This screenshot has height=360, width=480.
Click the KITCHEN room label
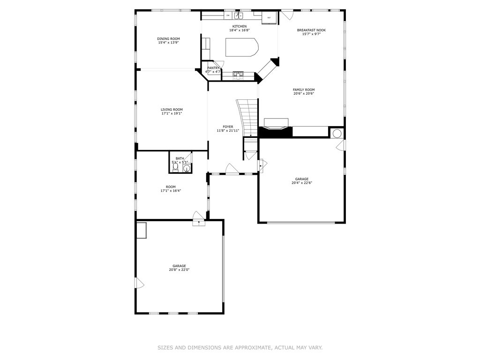pyautogui.click(x=239, y=26)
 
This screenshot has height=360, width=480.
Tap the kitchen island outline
pyautogui.click(x=241, y=47)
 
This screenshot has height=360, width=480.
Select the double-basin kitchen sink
pyautogui.click(x=240, y=15)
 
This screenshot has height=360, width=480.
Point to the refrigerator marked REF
pyautogui.click(x=269, y=17)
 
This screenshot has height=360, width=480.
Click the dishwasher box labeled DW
pyautogui.click(x=228, y=15)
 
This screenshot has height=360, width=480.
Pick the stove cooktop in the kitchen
pyautogui.click(x=239, y=74)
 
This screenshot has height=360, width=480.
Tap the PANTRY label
pyautogui.click(x=213, y=68)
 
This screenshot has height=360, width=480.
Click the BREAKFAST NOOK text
pyautogui.click(x=311, y=30)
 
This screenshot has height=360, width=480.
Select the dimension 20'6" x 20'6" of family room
pyautogui.click(x=303, y=93)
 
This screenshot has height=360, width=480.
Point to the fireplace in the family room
pyautogui.click(x=276, y=124)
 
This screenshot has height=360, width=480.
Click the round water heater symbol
pyautogui.click(x=337, y=133)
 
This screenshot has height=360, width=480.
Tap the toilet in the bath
pyautogui.click(x=175, y=167)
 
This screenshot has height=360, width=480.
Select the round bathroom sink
pyautogui.click(x=187, y=169)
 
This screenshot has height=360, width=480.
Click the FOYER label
pyautogui.click(x=228, y=127)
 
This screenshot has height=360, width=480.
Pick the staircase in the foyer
pyautogui.click(x=249, y=117)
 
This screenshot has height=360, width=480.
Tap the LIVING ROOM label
pyautogui.click(x=172, y=109)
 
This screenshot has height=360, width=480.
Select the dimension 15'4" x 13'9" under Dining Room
pyautogui.click(x=168, y=43)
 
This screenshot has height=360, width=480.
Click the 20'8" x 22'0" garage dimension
pyautogui.click(x=179, y=270)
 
